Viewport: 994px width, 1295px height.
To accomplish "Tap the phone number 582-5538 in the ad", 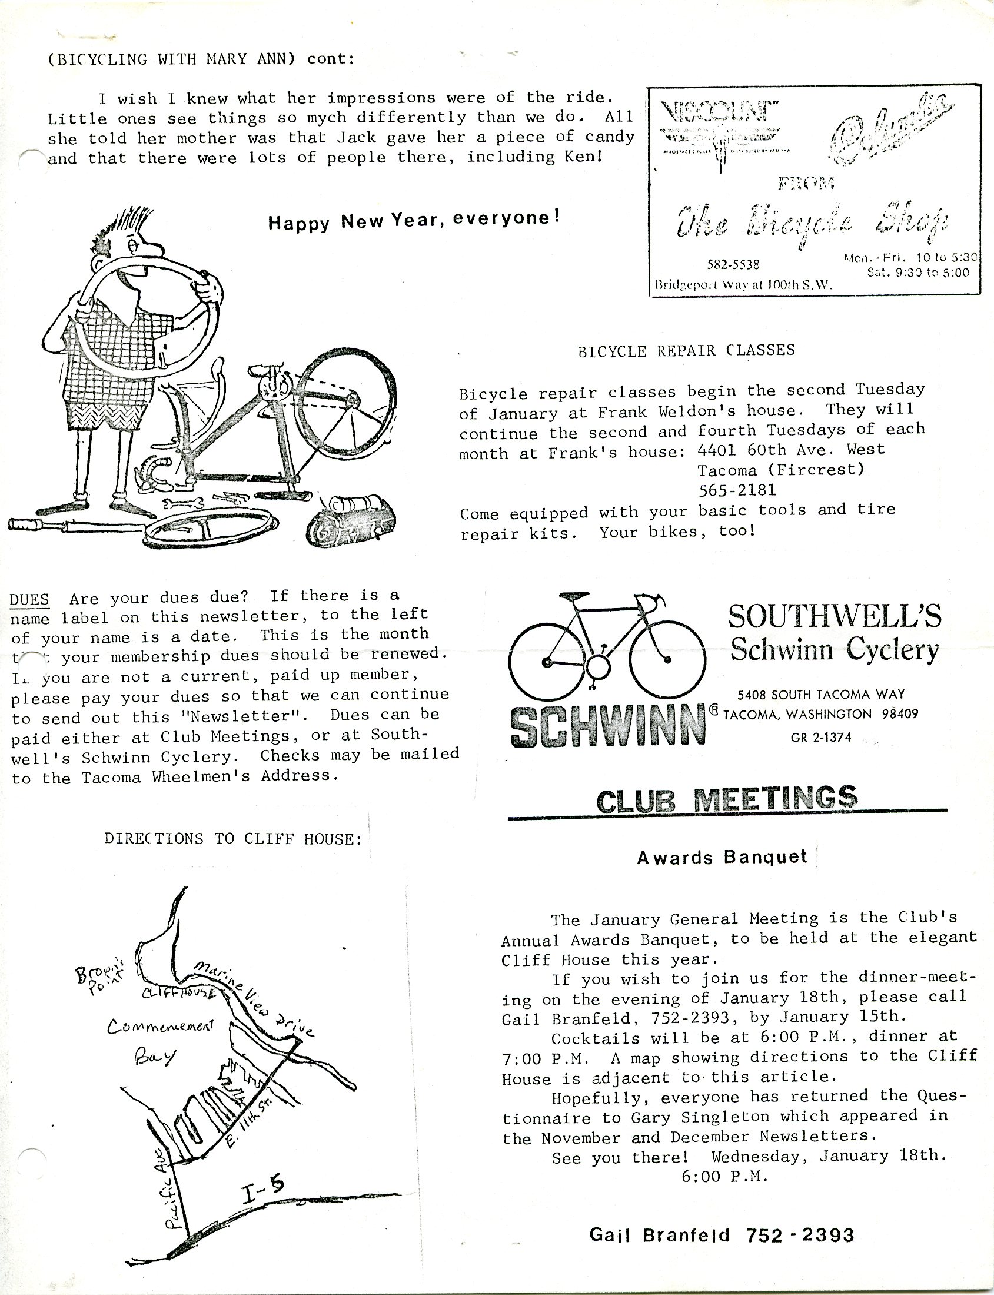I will coord(733,264).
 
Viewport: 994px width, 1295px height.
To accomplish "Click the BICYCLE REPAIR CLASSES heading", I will coord(686,350).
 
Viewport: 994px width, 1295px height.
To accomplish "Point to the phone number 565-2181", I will coord(737,490).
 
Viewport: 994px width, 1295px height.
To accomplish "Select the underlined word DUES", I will coord(29,599).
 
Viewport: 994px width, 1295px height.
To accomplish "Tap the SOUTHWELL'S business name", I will coord(835,617).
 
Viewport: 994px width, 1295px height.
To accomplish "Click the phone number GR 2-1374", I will coord(820,738).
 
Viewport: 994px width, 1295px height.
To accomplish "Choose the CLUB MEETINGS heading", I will coord(727,800).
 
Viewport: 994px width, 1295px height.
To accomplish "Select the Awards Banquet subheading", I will coord(722,858).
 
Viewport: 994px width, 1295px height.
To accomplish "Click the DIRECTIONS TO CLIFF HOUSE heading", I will coord(232,839).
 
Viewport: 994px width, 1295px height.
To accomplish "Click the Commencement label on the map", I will coord(159,1026).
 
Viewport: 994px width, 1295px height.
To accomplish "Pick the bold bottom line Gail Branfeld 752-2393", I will coord(722,1235).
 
